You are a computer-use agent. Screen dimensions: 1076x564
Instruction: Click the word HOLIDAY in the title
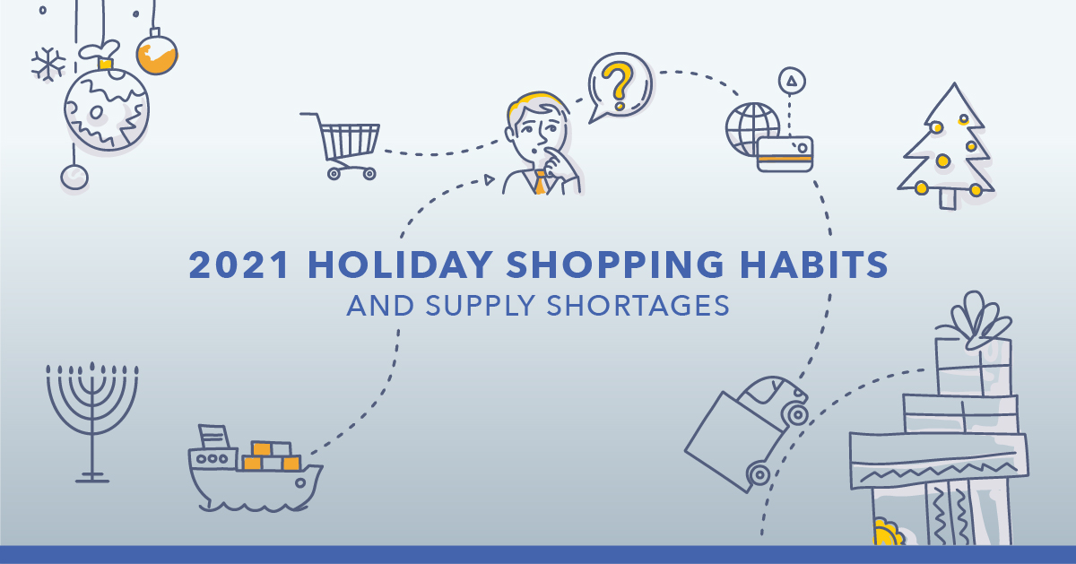pyautogui.click(x=400, y=265)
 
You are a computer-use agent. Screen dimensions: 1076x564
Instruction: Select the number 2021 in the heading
pyautogui.click(x=239, y=265)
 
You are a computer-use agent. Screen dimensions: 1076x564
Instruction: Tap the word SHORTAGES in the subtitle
pyautogui.click(x=638, y=306)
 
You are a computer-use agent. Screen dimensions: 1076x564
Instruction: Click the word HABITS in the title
pyautogui.click(x=814, y=265)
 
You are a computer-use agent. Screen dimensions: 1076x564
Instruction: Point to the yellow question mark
pyautogui.click(x=618, y=85)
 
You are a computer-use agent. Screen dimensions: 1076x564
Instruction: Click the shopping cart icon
pyautogui.click(x=341, y=146)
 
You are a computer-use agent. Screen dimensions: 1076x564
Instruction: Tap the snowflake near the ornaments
pyautogui.click(x=48, y=64)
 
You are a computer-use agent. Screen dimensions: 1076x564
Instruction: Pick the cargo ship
pyautogui.click(x=255, y=468)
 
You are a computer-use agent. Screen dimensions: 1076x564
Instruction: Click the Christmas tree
pyautogui.click(x=945, y=146)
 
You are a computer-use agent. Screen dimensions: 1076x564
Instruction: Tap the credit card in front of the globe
pyautogui.click(x=785, y=154)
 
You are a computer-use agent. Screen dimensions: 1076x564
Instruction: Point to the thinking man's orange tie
pyautogui.click(x=541, y=183)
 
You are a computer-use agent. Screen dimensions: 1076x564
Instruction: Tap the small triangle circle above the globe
pyautogui.click(x=792, y=81)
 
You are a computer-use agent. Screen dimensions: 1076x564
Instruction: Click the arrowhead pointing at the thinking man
pyautogui.click(x=489, y=179)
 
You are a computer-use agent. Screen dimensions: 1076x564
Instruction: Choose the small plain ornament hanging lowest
pyautogui.click(x=74, y=177)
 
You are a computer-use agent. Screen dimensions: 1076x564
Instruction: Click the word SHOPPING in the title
pyautogui.click(x=615, y=265)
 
